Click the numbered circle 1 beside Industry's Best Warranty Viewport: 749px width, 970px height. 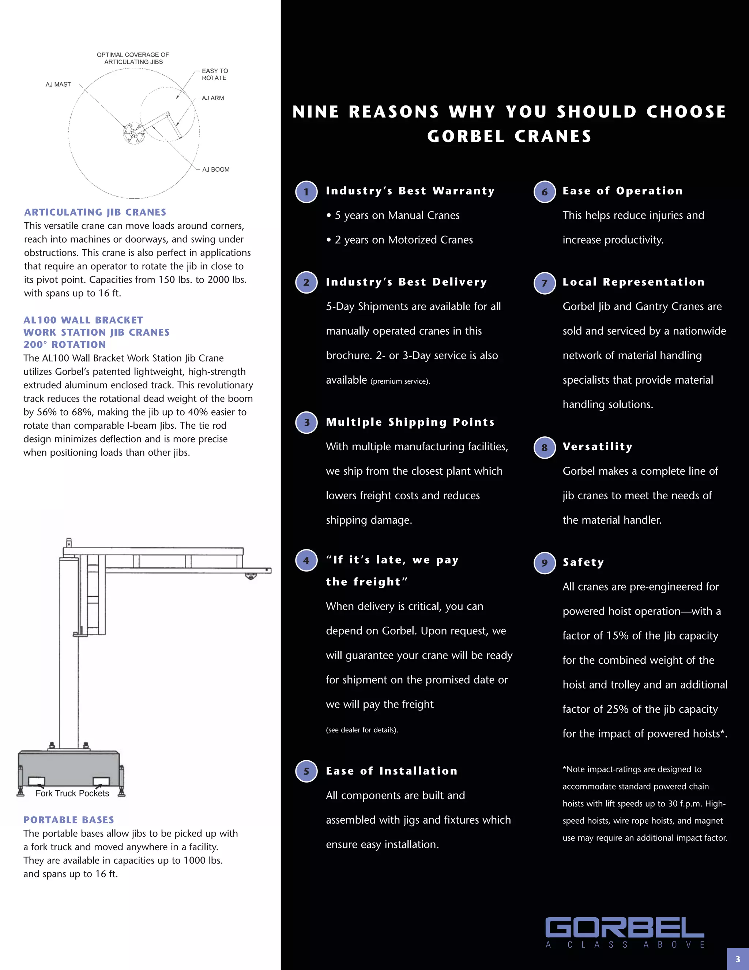point(306,192)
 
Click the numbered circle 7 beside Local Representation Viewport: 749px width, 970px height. point(545,283)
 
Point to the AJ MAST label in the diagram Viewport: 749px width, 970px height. point(58,85)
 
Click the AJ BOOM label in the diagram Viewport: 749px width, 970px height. point(216,169)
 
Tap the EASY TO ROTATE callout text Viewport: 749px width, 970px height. point(215,74)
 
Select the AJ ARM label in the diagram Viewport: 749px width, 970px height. point(212,98)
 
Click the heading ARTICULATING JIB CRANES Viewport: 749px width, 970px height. point(95,212)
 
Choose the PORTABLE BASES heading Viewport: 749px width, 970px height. point(69,820)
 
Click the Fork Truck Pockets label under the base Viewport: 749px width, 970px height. point(72,793)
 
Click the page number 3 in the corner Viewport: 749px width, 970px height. point(737,959)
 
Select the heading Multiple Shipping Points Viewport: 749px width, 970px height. point(410,422)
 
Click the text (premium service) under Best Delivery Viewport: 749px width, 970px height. point(400,381)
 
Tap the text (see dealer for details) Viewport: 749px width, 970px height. point(362,730)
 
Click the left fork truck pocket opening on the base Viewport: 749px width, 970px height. point(36,781)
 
